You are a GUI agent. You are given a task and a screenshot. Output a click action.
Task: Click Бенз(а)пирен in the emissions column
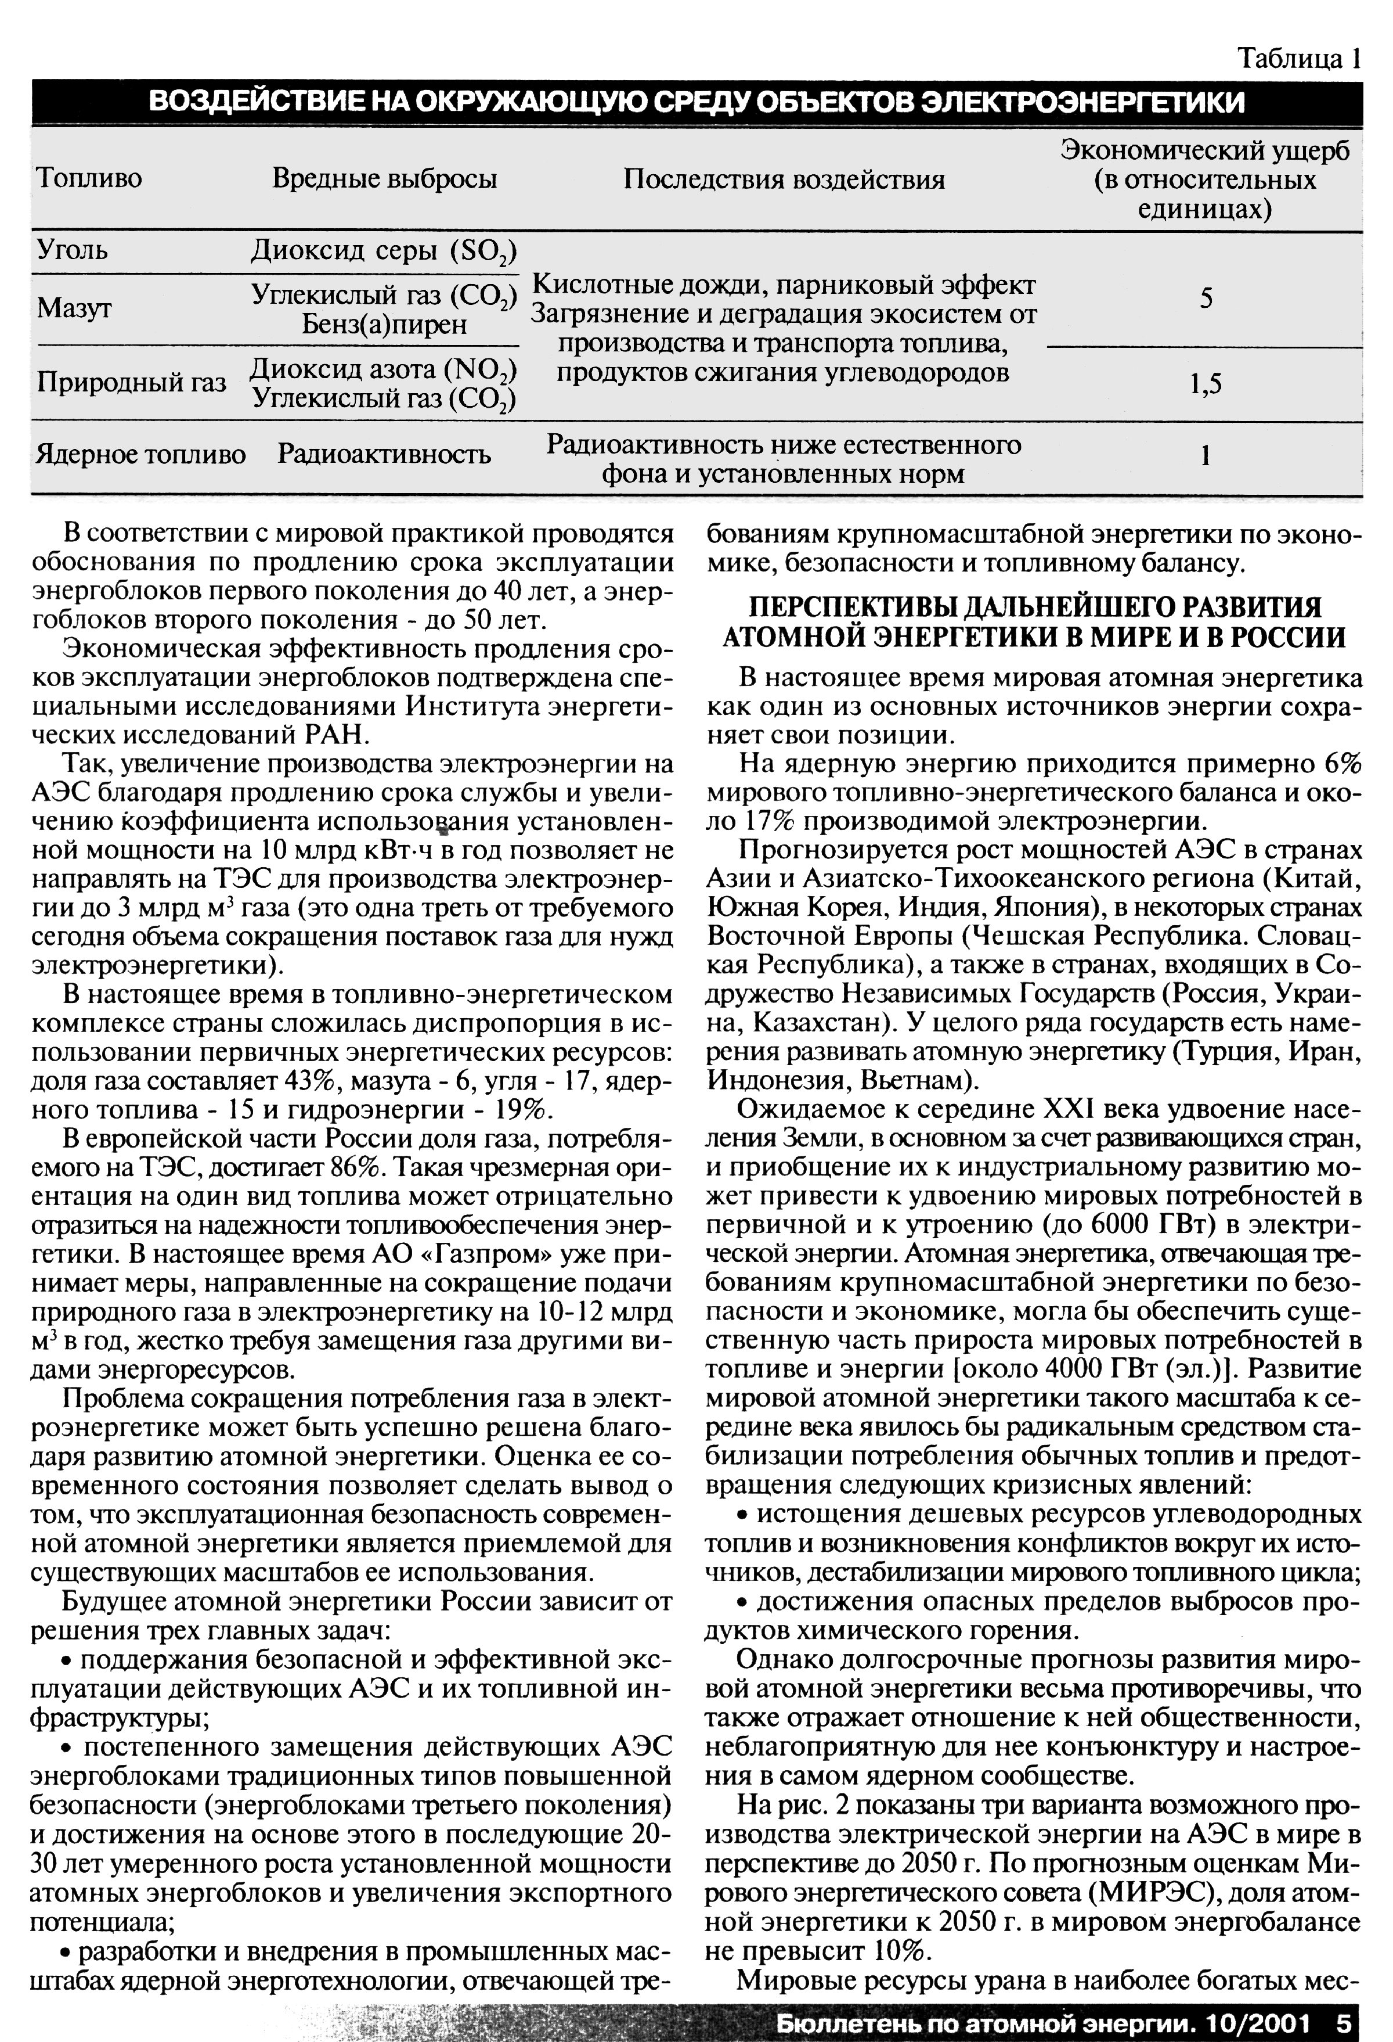pos(384,324)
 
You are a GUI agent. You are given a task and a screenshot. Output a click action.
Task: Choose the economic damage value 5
pos(1206,299)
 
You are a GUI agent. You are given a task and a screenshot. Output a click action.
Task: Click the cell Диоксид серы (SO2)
pos(384,251)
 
